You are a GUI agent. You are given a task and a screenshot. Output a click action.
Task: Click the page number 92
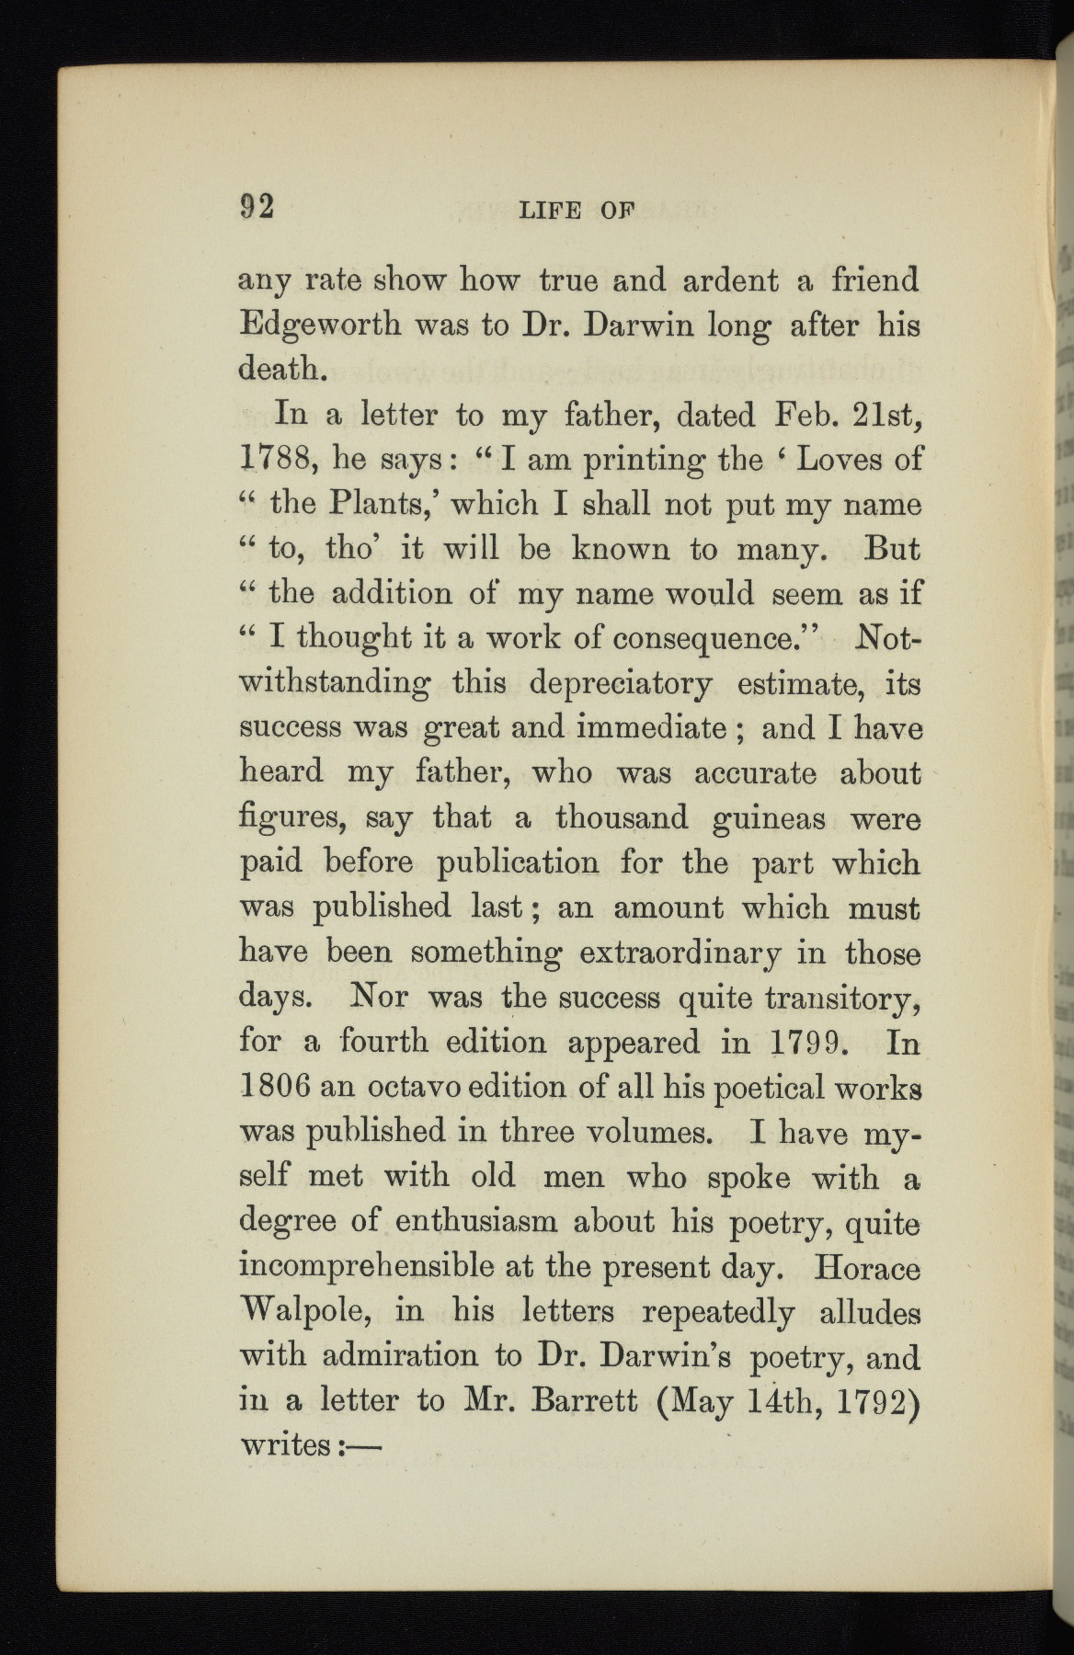pyautogui.click(x=257, y=206)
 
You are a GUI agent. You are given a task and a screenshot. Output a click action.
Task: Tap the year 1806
pyautogui.click(x=272, y=1087)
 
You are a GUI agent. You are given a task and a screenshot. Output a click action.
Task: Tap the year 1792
pyautogui.click(x=874, y=1400)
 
